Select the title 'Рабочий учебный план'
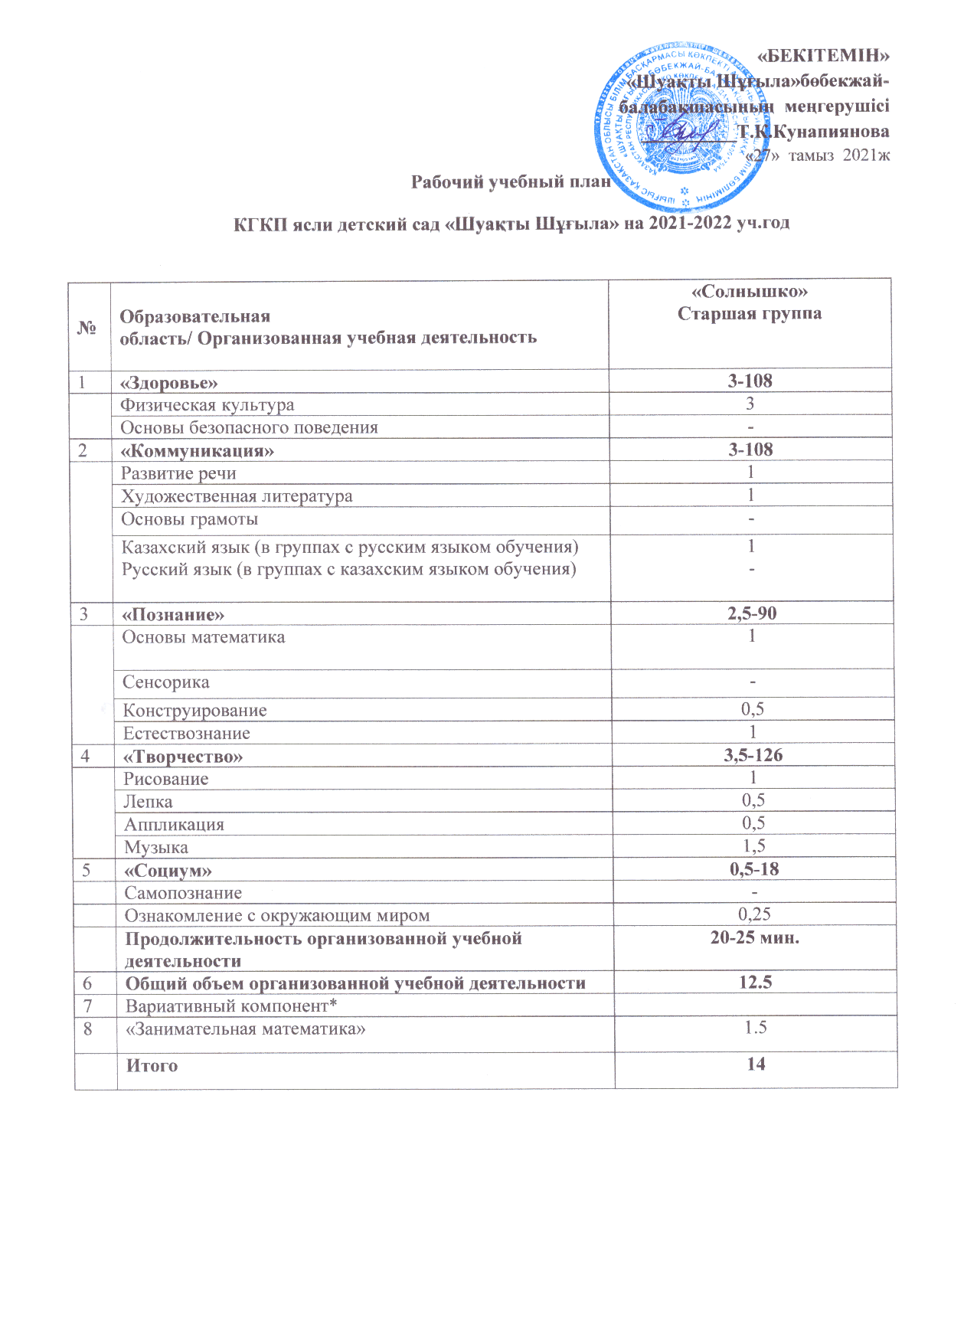(511, 182)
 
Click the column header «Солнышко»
(750, 292)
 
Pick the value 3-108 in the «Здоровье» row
(750, 381)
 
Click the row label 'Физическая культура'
(207, 404)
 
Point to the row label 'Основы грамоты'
(189, 519)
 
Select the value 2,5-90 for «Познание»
(752, 613)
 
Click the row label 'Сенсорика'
(165, 682)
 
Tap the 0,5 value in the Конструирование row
(753, 709)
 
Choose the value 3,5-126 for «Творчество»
(753, 756)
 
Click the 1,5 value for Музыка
(753, 846)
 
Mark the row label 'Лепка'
(149, 802)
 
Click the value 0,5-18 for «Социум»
(754, 869)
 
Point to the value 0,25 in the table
(754, 914)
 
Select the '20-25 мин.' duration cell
(754, 937)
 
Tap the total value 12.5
(755, 983)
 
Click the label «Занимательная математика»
(245, 1028)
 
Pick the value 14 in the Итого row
(756, 1064)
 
